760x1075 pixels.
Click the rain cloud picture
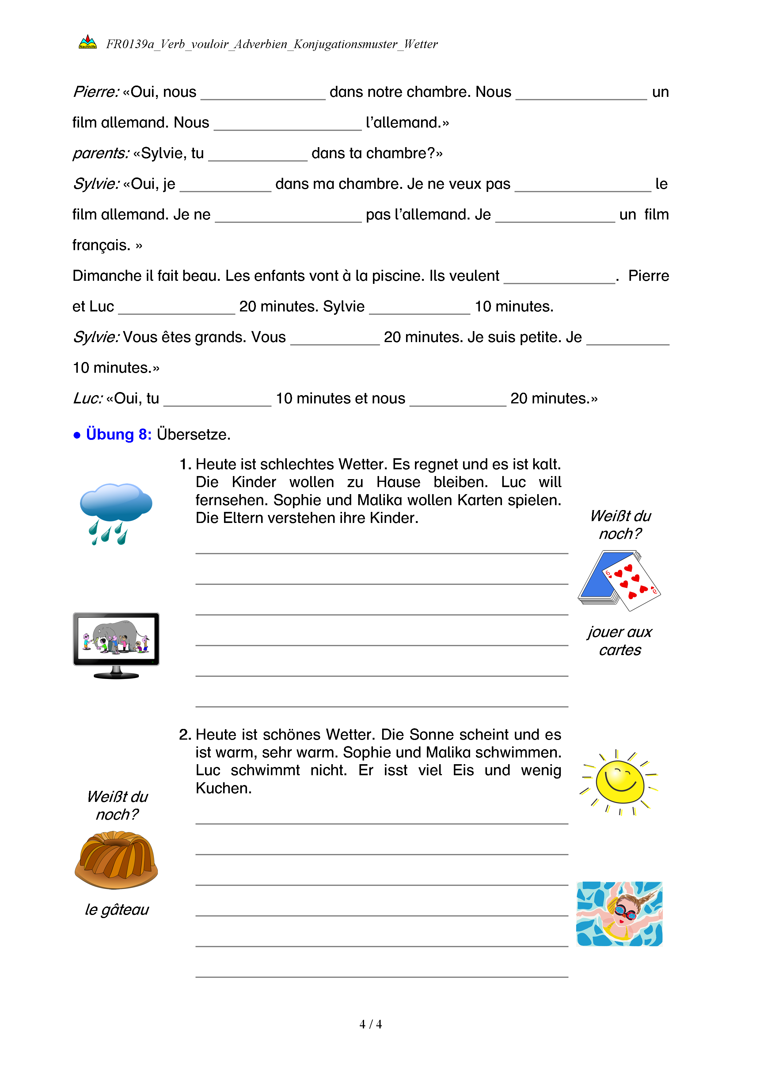coord(116,513)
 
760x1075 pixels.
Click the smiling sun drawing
coord(619,782)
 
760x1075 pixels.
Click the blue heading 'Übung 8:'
coord(119,434)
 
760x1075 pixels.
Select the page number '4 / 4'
coord(370,1024)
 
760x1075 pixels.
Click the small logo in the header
coord(88,43)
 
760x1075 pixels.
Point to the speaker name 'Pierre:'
coord(96,92)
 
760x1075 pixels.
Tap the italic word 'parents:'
coord(101,153)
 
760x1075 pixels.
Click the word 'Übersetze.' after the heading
coord(194,434)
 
